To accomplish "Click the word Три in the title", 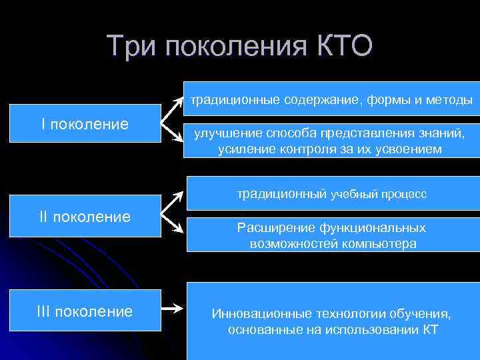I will [130, 46].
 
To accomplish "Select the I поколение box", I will [85, 123].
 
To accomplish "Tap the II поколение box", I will [85, 216].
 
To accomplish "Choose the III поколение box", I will [85, 311].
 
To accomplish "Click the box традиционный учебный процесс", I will [331, 194].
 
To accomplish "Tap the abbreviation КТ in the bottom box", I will [430, 329].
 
